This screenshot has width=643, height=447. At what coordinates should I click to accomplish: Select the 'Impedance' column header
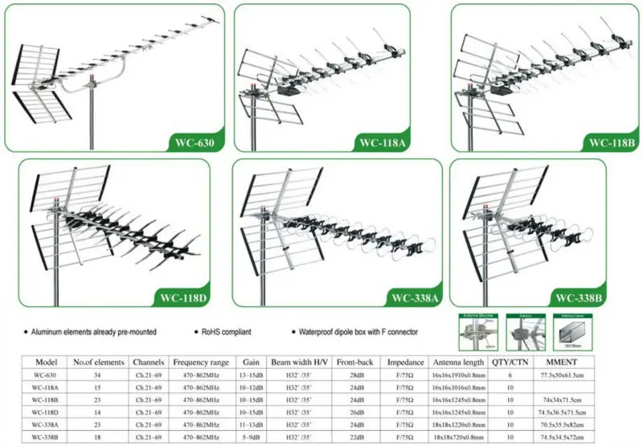pyautogui.click(x=399, y=362)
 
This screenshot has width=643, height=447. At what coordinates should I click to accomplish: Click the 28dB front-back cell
pyautogui.click(x=351, y=375)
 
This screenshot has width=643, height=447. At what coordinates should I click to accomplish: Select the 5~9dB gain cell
pyautogui.click(x=251, y=437)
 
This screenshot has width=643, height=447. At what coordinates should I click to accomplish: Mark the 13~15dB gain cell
pyautogui.click(x=251, y=375)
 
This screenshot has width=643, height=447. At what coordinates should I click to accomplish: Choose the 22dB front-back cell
pyautogui.click(x=351, y=437)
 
